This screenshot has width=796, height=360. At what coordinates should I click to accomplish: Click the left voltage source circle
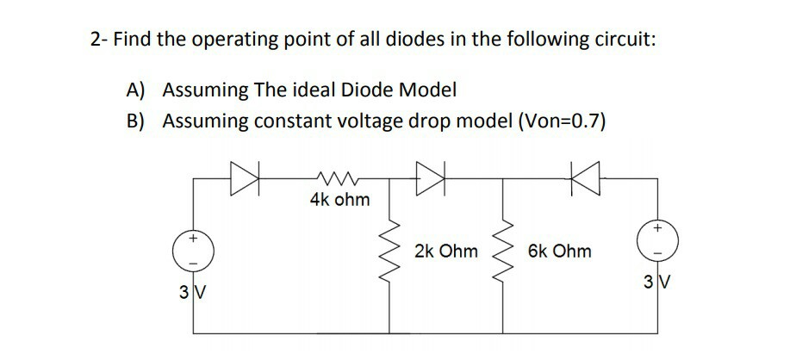click(x=194, y=247)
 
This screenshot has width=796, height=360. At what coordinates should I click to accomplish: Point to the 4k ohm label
click(x=339, y=201)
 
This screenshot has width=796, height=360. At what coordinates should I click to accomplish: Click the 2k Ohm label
click(x=445, y=251)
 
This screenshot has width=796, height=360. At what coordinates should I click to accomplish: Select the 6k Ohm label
click(x=561, y=251)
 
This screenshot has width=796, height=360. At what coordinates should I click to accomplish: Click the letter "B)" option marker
click(x=137, y=121)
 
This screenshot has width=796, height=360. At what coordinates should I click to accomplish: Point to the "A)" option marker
click(x=137, y=90)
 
